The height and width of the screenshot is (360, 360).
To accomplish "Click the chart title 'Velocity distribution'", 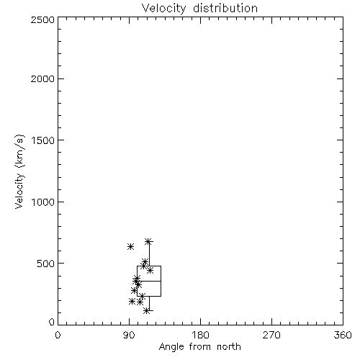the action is [199, 8].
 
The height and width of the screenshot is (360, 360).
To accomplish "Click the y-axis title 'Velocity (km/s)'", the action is [19, 171].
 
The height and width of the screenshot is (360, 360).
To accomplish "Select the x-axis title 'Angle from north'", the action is [199, 347].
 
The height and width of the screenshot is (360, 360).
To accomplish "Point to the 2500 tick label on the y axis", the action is [42, 19].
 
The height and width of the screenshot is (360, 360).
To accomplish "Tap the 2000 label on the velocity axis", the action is [42, 79].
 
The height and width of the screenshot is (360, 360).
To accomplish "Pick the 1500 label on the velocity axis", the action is [43, 140].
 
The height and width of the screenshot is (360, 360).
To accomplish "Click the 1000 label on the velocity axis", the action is [43, 202].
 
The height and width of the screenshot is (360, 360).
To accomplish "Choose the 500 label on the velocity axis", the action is [46, 264].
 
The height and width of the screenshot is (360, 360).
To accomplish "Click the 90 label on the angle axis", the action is [129, 335].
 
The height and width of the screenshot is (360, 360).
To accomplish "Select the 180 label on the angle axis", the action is [200, 335].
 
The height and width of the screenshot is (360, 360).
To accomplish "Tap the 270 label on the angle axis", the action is [271, 335].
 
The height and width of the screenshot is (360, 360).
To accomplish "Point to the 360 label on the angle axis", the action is [343, 335].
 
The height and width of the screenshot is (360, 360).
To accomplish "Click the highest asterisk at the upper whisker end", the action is [148, 241].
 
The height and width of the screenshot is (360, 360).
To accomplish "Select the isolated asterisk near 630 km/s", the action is [130, 246].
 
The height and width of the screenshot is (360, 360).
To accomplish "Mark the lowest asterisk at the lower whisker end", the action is [146, 311].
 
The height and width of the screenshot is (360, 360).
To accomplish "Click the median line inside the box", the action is [149, 281].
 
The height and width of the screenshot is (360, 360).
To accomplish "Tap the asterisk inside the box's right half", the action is [150, 271].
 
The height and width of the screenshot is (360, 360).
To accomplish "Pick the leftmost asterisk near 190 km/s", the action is [132, 301].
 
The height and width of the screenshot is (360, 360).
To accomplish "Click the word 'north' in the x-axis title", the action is [229, 347].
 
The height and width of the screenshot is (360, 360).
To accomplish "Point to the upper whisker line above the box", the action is [149, 253].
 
